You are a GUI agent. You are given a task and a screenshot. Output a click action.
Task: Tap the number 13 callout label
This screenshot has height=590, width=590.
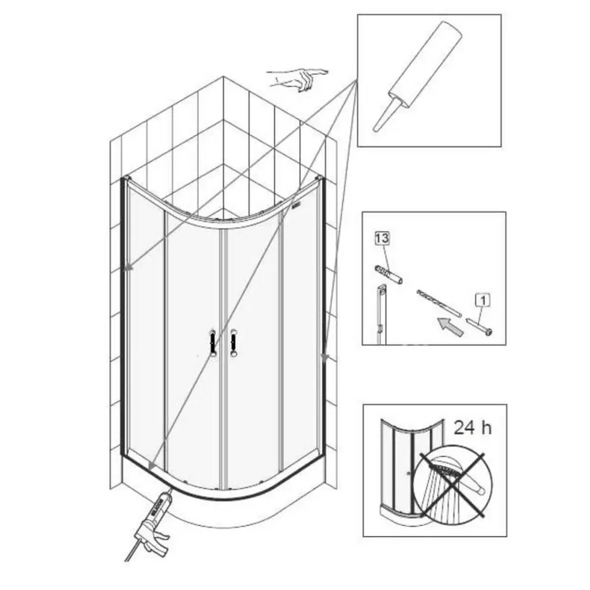pos(383,239)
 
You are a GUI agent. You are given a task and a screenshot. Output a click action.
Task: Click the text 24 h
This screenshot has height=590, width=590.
pos(473,427)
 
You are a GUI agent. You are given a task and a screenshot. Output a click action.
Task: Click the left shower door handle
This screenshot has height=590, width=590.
pos(213,342)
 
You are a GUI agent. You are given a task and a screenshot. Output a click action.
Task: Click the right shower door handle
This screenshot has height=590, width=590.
pos(233,342)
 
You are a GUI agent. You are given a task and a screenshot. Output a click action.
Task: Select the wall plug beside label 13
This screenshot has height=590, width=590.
pos(389,275)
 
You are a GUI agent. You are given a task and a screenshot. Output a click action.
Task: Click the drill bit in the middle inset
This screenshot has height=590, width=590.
pos(439,303)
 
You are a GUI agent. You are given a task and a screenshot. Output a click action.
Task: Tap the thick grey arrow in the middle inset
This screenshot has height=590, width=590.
pos(450,327)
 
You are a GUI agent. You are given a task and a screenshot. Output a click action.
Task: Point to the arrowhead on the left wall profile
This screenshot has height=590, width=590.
pos(129,267)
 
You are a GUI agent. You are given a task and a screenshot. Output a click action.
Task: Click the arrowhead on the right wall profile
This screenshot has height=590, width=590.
pos(324,356)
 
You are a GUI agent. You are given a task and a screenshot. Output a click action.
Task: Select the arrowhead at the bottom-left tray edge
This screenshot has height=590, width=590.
pos(152,466)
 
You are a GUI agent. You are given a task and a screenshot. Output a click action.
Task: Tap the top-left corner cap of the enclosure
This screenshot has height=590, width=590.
pos(126,177)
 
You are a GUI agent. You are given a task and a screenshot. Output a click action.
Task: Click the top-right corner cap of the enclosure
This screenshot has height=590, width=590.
pos(319,177)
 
